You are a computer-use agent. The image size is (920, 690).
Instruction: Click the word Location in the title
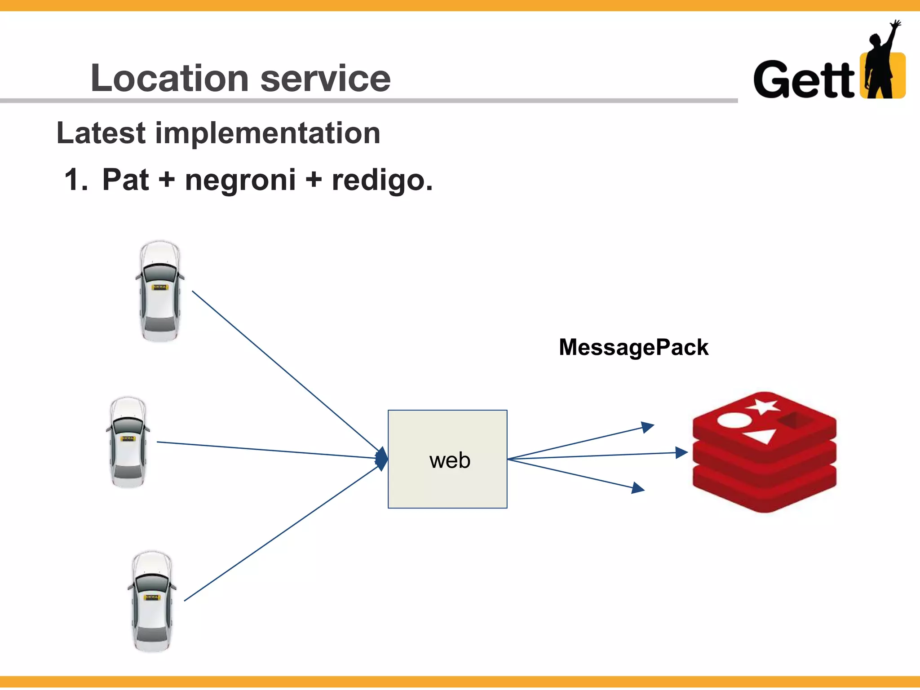point(169,78)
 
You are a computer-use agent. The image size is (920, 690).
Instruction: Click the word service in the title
point(325,78)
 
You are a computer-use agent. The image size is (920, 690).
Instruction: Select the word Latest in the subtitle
point(101,133)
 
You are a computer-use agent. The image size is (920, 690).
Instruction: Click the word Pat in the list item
point(125,180)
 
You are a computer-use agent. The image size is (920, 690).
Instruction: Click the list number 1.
point(75,180)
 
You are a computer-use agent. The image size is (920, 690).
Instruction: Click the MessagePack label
point(633,347)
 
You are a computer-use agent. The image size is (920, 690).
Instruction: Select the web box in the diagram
point(447,459)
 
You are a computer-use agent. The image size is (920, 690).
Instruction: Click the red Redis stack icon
point(764,454)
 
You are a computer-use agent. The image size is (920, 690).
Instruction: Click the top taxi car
point(159,291)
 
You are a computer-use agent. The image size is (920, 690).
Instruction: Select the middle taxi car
point(128,442)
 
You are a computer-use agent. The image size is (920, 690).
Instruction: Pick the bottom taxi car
point(152,601)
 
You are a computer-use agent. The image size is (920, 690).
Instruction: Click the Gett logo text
point(804,80)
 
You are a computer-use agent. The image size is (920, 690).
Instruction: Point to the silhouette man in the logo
point(880,63)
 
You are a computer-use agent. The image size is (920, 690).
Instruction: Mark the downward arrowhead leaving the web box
point(638,488)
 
